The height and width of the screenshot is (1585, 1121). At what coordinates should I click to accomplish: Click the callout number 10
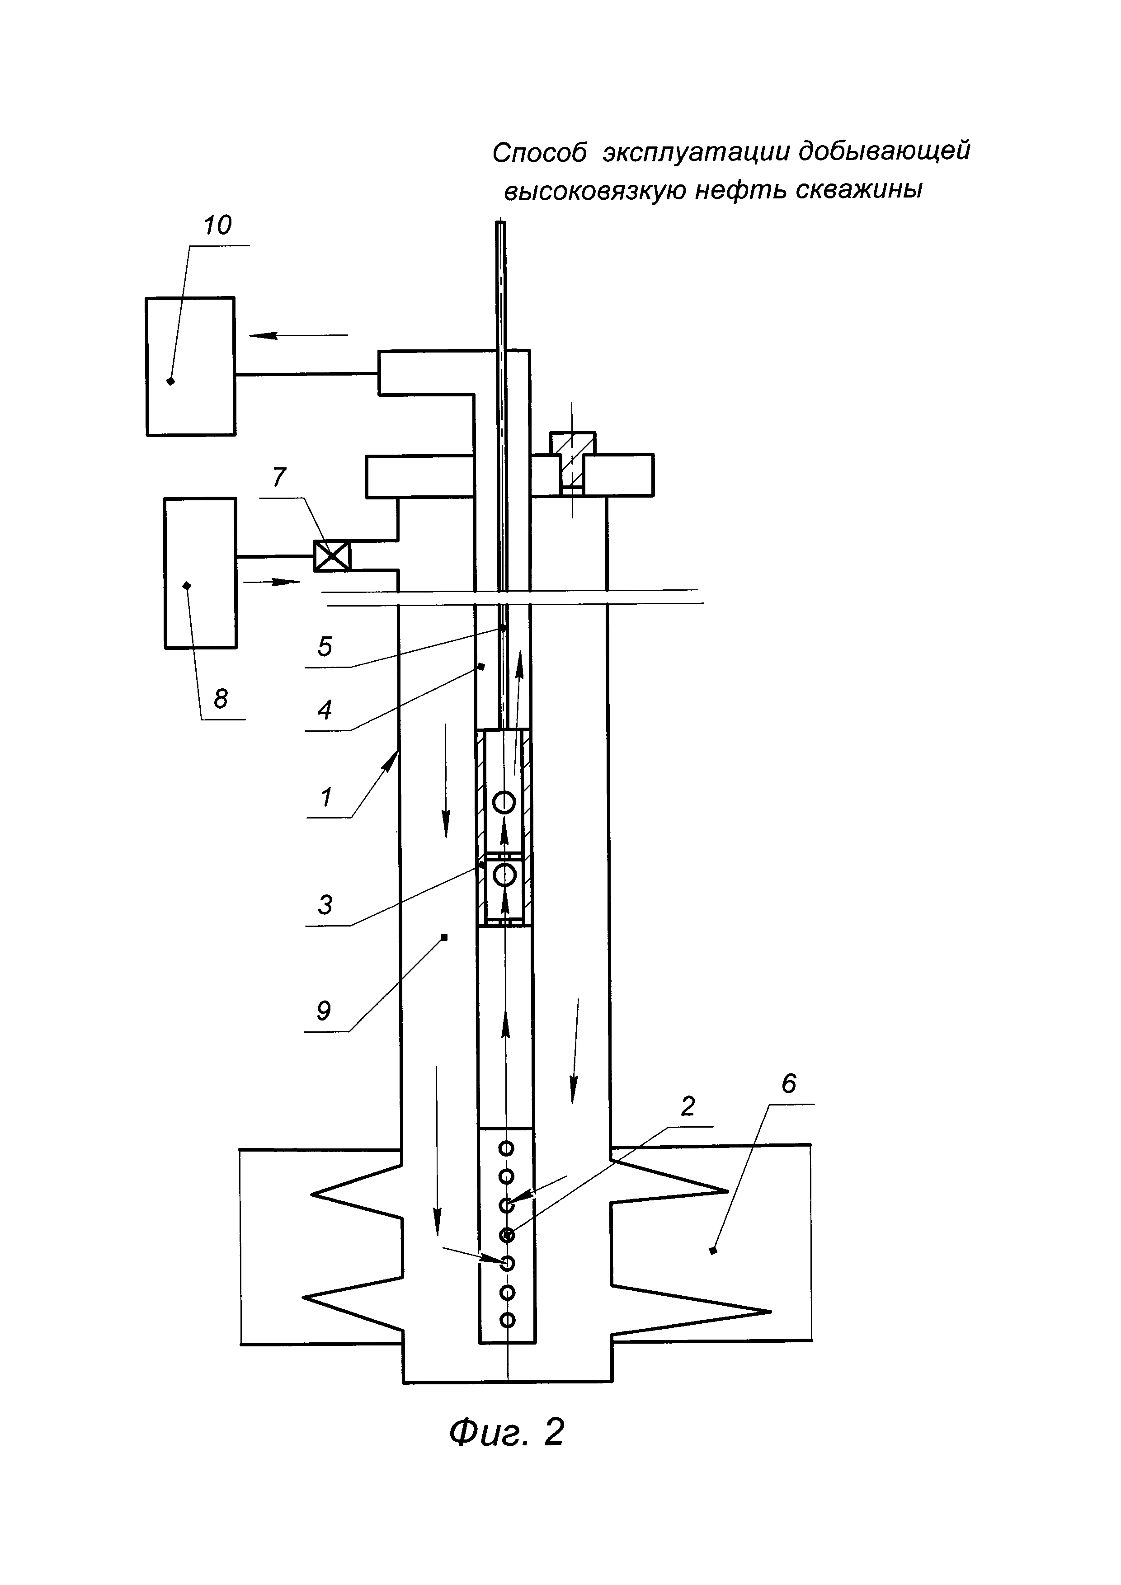[x=217, y=225]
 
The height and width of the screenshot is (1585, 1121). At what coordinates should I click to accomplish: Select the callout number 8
[x=220, y=699]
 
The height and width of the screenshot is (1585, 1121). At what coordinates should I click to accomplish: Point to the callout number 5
[x=325, y=647]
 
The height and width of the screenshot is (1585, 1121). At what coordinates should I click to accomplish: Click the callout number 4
[x=325, y=710]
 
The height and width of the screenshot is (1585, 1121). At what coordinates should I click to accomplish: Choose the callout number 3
[x=325, y=904]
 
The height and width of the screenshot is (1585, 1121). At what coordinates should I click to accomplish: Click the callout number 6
[x=789, y=1084]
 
